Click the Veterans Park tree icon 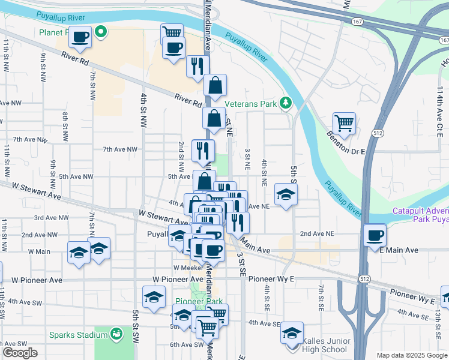click(x=286, y=103)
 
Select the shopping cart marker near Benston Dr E click(x=344, y=124)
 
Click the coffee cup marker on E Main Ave click(x=375, y=235)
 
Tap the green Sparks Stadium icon click(x=118, y=332)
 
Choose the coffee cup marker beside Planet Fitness click(x=80, y=37)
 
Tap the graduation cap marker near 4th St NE click(x=286, y=194)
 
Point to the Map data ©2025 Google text click(x=411, y=355)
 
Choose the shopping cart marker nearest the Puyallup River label click(x=172, y=33)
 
